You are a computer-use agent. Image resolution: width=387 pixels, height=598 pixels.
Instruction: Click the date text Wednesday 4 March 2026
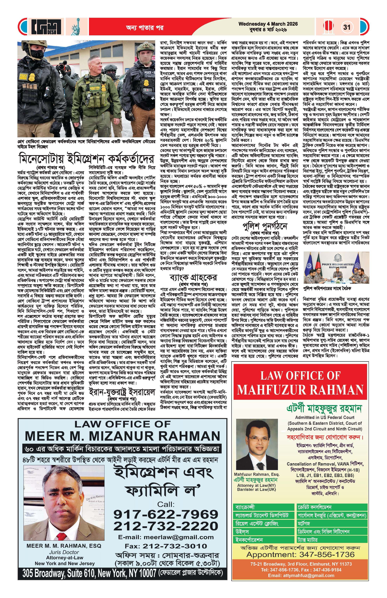(268, 24)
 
